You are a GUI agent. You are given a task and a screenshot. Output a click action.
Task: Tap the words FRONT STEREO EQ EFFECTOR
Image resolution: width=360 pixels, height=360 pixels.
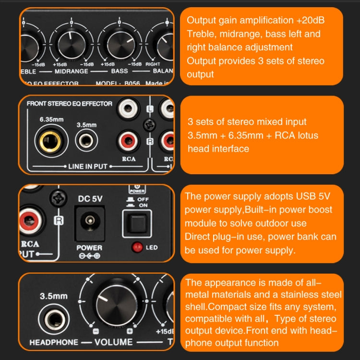coord(69,103)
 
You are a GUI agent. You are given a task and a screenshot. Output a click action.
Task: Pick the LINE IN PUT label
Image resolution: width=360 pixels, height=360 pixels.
coord(84,167)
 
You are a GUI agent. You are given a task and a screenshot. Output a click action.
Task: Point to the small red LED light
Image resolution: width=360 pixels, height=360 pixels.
coord(137,248)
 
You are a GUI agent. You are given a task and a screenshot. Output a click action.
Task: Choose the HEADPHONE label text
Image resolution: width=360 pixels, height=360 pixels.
coord(53,342)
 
